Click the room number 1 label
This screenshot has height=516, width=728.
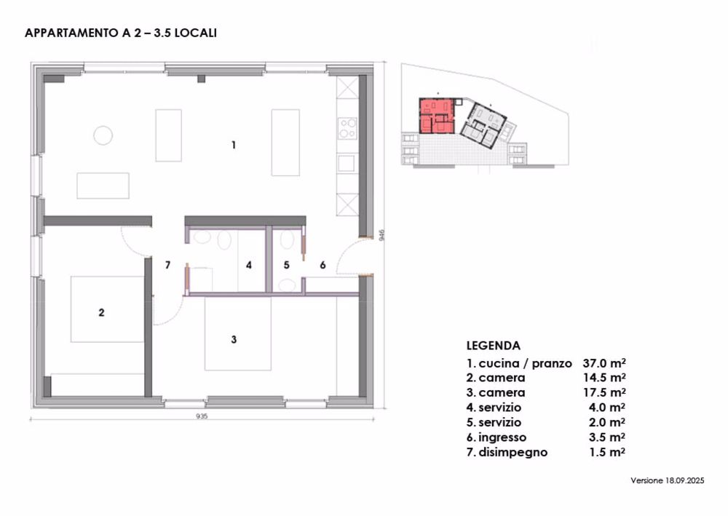coord(234,146)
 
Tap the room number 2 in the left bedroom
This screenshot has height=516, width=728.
coord(101,313)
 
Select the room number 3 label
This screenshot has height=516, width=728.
coord(234,340)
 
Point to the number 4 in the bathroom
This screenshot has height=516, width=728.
coord(249,265)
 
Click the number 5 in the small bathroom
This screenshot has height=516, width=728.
coord(286,265)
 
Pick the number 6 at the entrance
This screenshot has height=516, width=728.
coord(323,265)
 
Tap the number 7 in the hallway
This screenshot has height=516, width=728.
coord(167,265)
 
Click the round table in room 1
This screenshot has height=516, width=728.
coord(103,135)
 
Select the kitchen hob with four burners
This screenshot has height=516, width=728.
coord(347,128)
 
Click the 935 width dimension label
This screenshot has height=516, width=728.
coord(202,416)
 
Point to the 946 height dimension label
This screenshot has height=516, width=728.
coord(381,235)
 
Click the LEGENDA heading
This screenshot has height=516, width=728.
coord(493,346)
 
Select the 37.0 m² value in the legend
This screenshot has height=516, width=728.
coord(604,363)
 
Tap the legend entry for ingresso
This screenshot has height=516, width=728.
coord(496,437)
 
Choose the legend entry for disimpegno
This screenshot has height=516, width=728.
coord(507,453)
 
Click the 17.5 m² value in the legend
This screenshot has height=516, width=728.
coord(604,392)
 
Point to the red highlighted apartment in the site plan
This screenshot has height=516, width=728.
coord(436,116)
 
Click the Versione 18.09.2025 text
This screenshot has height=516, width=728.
coord(667,480)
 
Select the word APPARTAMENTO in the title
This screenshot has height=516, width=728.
coord(72,33)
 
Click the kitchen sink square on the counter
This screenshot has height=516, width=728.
coord(347,163)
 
